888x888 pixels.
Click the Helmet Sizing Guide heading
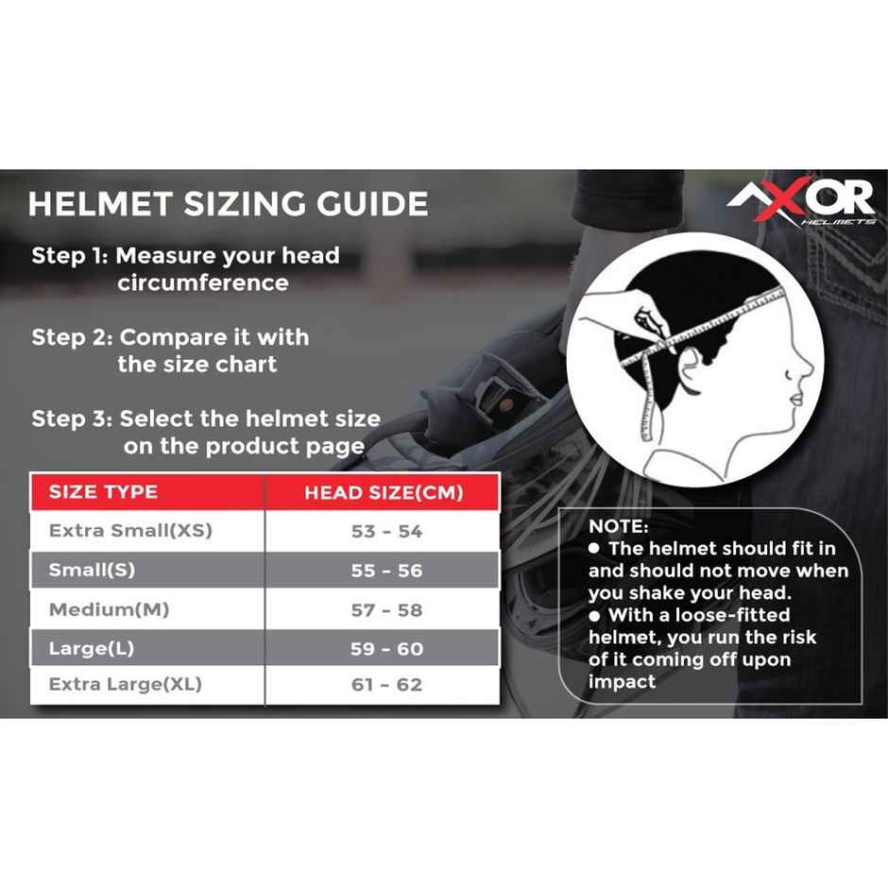tap(228, 204)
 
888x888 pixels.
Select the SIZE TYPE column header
tap(103, 492)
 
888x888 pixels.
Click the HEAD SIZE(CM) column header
tap(383, 493)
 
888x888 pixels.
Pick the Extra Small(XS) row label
tap(130, 531)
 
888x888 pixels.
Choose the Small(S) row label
tap(91, 571)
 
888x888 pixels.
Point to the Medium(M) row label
tap(109, 609)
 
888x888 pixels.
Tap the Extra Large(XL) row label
tap(126, 684)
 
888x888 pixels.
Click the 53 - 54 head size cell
tap(386, 532)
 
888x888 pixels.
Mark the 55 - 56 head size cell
tap(386, 571)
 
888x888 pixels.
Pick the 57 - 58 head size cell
tap(386, 610)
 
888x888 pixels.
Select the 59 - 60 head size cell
tap(386, 649)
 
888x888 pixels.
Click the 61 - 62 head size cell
tap(386, 685)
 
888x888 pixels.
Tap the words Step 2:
tap(71, 337)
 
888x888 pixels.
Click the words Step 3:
tap(71, 418)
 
